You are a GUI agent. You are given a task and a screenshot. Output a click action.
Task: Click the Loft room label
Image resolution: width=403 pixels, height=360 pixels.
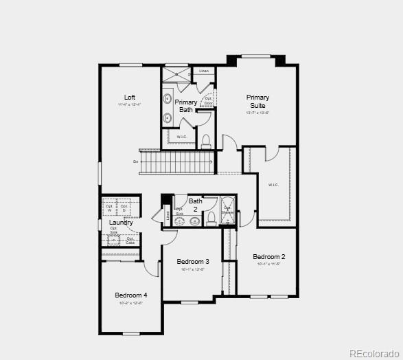click(x=129, y=97)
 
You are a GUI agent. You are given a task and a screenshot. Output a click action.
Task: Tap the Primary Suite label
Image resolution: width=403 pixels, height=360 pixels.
click(x=257, y=102)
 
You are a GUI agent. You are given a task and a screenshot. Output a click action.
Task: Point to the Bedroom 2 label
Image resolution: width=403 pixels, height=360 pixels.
click(x=268, y=257)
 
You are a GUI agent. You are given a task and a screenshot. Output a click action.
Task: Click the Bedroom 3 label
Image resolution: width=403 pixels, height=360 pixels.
click(x=193, y=262)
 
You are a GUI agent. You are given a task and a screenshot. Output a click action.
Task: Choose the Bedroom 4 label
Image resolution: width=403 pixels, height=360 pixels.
click(x=130, y=295)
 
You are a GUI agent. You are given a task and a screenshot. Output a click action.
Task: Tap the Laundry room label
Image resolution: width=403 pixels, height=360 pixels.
click(x=121, y=223)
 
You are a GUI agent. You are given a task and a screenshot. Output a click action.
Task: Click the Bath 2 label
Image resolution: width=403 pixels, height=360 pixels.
click(x=196, y=205)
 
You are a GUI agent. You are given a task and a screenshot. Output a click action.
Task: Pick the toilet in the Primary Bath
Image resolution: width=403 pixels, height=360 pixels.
click(x=205, y=141)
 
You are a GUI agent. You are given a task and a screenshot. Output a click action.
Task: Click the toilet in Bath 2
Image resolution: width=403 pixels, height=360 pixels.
click(x=211, y=219)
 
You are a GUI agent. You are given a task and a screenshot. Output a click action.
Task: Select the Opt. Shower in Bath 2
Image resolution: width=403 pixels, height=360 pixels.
click(x=228, y=212)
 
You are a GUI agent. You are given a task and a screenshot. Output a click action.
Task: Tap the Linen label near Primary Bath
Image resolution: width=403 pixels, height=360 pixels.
click(x=203, y=71)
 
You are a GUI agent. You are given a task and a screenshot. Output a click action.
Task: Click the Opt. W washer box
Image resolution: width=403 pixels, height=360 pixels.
click(x=109, y=207)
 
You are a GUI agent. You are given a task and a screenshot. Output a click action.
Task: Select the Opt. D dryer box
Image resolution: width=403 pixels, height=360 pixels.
click(x=124, y=207)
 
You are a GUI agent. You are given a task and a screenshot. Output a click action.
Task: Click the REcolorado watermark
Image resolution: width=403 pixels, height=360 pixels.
click(x=373, y=353)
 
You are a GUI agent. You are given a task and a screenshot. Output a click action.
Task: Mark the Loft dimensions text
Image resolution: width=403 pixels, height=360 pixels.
click(x=129, y=105)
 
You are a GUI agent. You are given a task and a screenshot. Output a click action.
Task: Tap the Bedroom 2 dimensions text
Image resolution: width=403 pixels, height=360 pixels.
click(x=268, y=265)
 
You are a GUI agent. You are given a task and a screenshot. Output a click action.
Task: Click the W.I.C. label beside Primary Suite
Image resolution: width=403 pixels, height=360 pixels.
click(x=273, y=184)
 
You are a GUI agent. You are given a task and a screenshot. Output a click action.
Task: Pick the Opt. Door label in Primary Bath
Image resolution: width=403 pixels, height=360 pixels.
click(x=208, y=101)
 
